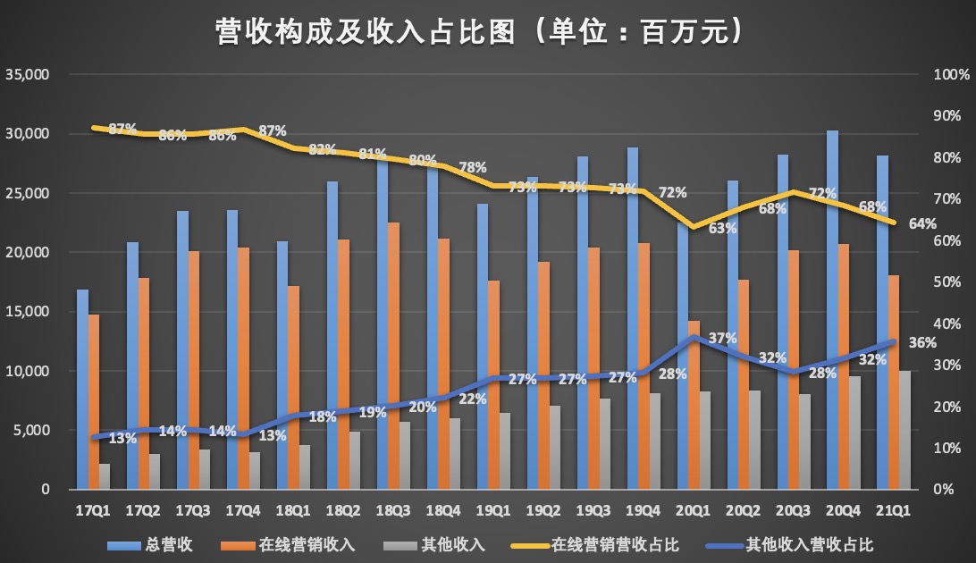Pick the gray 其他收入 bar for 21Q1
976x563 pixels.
click(x=905, y=430)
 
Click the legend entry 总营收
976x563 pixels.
click(x=164, y=544)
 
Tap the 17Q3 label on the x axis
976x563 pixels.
click(x=194, y=510)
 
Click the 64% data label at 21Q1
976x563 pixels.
click(x=923, y=223)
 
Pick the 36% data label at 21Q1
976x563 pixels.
click(x=923, y=343)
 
